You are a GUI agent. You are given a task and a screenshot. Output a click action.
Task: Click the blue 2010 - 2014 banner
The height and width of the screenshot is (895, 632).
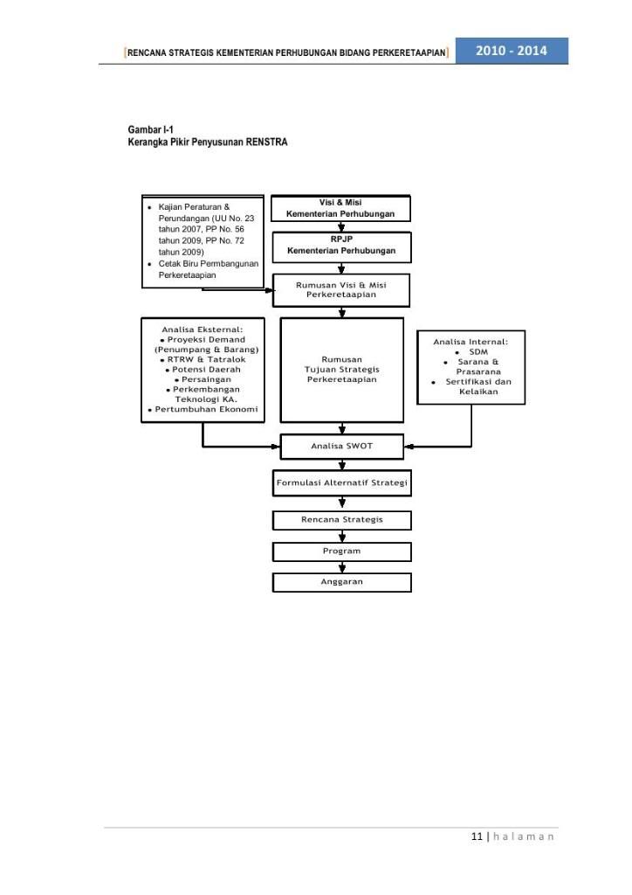[x=512, y=51]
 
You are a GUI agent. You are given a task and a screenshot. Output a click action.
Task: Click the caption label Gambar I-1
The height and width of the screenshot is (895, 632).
[x=150, y=129]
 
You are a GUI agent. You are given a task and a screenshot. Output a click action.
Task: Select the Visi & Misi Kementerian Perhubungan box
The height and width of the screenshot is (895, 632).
[x=340, y=208]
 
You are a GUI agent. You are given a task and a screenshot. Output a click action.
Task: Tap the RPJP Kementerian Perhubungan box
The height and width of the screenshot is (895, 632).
[x=341, y=247]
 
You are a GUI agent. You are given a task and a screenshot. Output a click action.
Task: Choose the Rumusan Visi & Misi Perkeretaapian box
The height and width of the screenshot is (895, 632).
[x=341, y=290]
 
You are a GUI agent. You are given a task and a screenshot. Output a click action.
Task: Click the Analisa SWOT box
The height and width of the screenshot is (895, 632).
[x=342, y=447]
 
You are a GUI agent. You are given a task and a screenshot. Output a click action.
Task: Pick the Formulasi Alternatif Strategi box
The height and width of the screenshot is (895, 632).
[x=342, y=482]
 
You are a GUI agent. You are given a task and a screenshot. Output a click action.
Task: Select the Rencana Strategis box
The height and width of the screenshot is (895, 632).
[x=342, y=520]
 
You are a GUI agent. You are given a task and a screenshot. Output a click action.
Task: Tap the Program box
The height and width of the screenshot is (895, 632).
[x=342, y=552]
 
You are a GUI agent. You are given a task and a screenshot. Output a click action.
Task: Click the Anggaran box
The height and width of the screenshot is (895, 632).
[x=342, y=582]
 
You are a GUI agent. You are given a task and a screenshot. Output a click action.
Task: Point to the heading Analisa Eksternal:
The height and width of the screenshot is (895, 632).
[x=203, y=330]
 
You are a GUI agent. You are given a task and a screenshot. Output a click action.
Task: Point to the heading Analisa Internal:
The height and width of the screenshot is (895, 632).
[x=471, y=342]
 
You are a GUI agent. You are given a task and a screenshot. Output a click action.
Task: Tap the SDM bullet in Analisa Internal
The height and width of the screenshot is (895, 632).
[x=478, y=352]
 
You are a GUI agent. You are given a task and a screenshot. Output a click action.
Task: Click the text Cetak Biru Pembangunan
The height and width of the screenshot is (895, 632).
[x=208, y=264]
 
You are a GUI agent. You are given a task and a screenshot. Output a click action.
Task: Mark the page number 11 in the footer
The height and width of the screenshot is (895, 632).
[x=477, y=836]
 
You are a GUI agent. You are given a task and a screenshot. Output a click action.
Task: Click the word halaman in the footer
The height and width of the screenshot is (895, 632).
[x=523, y=836]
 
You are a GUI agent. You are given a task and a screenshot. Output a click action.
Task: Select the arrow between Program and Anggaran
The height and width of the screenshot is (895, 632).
[x=342, y=566]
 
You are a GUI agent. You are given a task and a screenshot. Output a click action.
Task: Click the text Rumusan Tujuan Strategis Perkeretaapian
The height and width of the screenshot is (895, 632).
[x=342, y=370]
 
